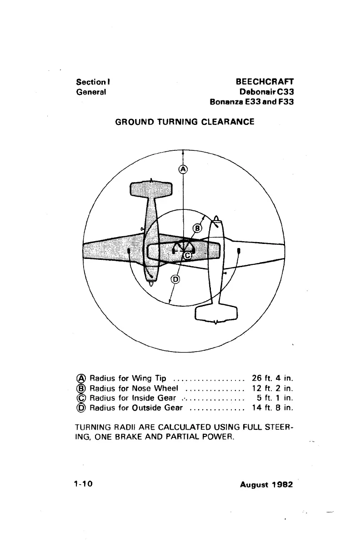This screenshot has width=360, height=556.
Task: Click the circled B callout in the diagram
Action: click(197, 228)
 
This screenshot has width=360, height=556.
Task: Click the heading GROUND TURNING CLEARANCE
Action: click(185, 122)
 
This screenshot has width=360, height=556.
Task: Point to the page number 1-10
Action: click(84, 484)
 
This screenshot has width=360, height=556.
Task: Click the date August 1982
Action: click(266, 484)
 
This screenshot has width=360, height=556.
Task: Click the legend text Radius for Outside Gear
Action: click(136, 408)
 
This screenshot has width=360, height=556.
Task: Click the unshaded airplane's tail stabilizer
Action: click(216, 314)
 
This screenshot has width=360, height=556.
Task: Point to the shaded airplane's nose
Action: click(151, 282)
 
